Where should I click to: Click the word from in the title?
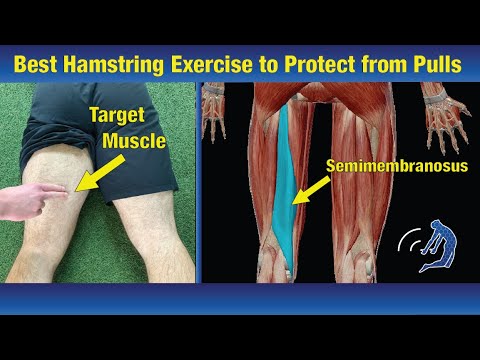pyautogui.click(x=383, y=62)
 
